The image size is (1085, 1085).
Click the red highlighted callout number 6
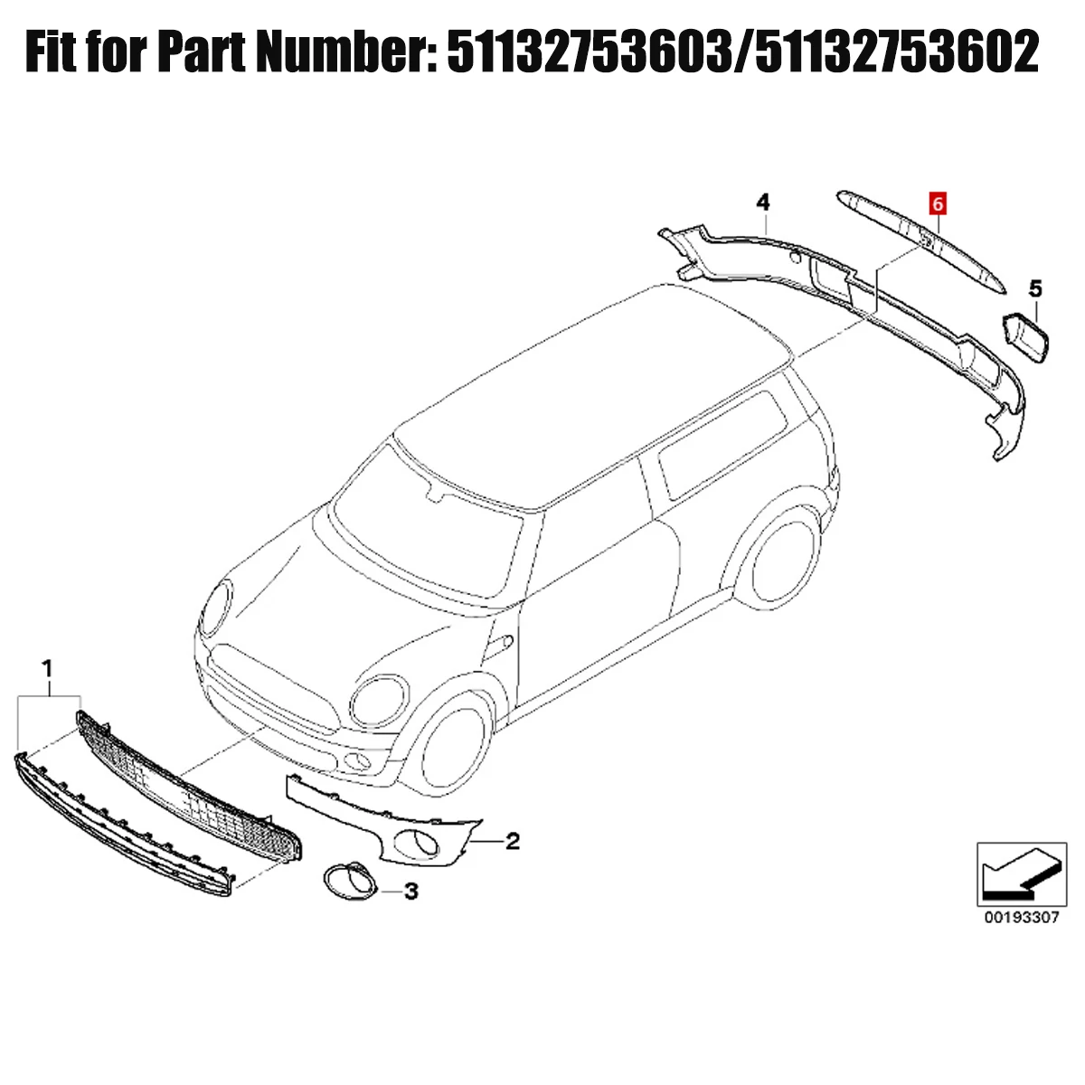pos(937,203)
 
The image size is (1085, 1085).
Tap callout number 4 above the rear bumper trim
pos(763,203)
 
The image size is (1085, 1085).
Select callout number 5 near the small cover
pos(1035,289)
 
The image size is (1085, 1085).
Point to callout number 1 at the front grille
pos(48,669)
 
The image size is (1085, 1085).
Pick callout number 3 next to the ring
pos(411,892)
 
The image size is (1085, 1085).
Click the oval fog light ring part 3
pos(350,880)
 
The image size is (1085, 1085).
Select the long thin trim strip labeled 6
pos(921,239)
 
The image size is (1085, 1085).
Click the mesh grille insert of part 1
pos(189,795)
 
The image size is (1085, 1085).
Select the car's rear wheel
pos(780,563)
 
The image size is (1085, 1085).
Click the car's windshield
pos(428,522)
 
